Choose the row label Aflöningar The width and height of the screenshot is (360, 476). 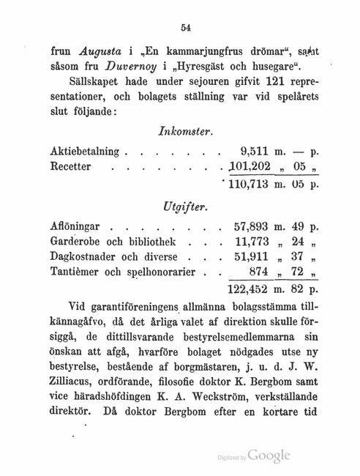(x=78, y=227)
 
